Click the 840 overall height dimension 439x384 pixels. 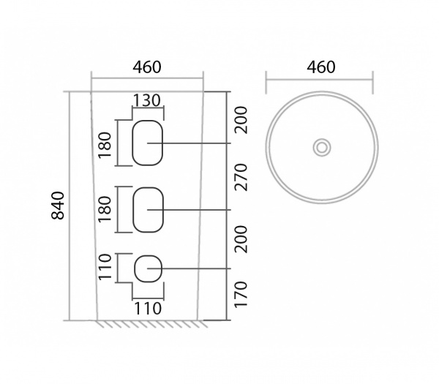pos(59,205)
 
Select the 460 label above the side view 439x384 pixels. pos(147,67)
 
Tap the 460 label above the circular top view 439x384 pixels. pos(321,67)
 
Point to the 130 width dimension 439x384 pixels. pos(147,100)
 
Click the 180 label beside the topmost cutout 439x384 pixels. pos(105,145)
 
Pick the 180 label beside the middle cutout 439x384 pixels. pos(105,209)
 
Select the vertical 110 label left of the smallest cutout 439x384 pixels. pos(105,267)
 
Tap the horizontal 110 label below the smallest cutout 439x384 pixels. pos(148,309)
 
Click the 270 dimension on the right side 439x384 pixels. pos(241,177)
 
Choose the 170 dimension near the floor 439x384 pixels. pos(241,295)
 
